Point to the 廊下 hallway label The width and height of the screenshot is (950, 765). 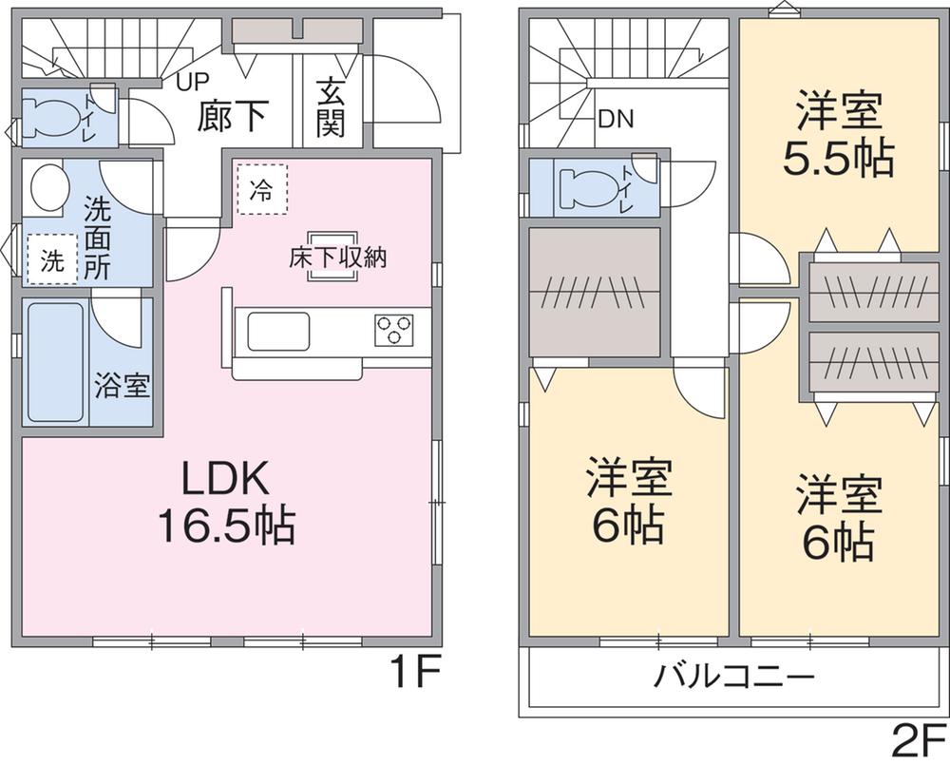pyautogui.click(x=233, y=116)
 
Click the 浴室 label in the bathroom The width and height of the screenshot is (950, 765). pyautogui.click(x=121, y=388)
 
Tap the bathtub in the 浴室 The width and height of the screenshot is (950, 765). pyautogui.click(x=55, y=361)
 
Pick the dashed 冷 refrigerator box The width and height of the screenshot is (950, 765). pyautogui.click(x=260, y=189)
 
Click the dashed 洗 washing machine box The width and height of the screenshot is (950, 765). pyautogui.click(x=52, y=258)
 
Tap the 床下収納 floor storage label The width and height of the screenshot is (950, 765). pyautogui.click(x=337, y=258)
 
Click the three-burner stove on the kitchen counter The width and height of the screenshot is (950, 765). pyautogui.click(x=393, y=330)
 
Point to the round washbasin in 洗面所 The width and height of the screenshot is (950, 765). pyautogui.click(x=47, y=188)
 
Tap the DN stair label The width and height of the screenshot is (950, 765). pyautogui.click(x=617, y=120)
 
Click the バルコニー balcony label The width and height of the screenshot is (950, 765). pyautogui.click(x=734, y=677)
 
